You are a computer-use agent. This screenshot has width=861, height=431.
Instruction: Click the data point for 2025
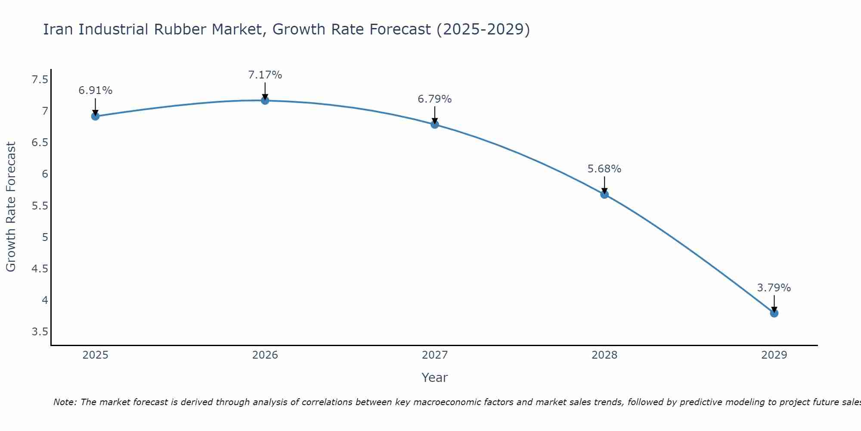(95, 116)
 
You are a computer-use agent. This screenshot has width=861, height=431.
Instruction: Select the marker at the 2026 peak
(265, 100)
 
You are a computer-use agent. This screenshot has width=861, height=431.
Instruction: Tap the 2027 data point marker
(435, 125)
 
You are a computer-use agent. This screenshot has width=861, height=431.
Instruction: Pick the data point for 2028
(604, 194)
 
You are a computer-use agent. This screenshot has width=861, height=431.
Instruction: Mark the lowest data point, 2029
(774, 313)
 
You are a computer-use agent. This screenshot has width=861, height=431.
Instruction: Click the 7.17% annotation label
(265, 75)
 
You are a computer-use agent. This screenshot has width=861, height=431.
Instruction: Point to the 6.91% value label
(95, 91)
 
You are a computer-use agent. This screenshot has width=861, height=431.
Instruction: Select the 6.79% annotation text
(435, 99)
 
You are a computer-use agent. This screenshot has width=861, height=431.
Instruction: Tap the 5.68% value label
(604, 169)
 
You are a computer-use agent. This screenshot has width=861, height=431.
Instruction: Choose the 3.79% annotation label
(774, 288)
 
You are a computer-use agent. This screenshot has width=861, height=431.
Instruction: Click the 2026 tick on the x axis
(265, 355)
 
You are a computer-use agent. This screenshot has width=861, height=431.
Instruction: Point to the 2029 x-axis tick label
(774, 355)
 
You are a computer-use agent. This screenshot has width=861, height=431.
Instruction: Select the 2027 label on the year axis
(435, 355)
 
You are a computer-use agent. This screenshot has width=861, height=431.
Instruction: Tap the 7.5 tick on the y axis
(40, 80)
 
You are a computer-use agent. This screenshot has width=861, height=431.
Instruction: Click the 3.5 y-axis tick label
(40, 332)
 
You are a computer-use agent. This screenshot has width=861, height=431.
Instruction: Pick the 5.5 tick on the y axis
(40, 206)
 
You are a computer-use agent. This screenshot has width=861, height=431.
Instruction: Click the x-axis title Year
(435, 378)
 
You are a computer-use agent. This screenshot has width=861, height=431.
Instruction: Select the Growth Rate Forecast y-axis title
(11, 207)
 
